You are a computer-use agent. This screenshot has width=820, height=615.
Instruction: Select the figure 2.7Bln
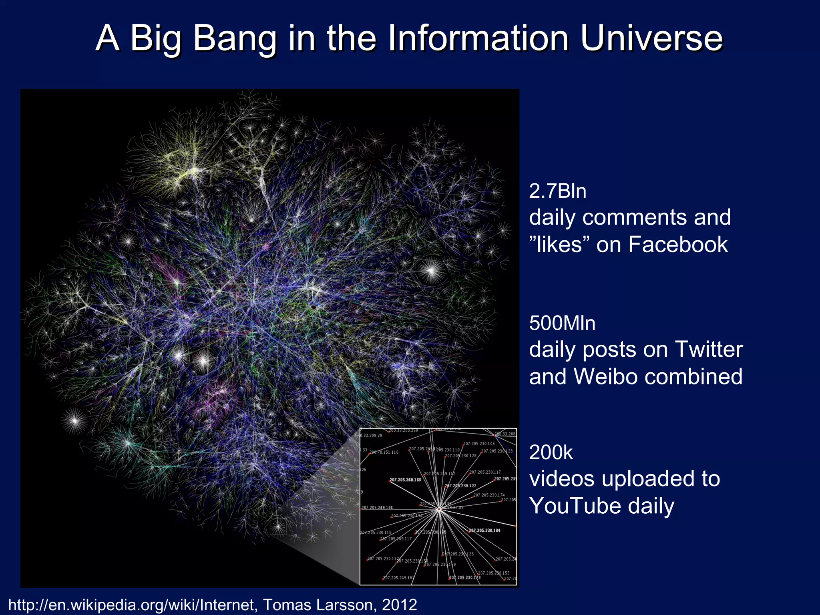[557, 191]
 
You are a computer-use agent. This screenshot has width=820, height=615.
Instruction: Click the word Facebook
[678, 244]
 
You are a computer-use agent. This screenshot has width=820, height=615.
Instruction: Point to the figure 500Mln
[562, 323]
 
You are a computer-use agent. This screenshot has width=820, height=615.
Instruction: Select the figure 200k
[551, 452]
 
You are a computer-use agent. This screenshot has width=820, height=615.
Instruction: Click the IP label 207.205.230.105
[479, 444]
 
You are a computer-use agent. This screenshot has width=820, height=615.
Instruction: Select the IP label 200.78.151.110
[384, 452]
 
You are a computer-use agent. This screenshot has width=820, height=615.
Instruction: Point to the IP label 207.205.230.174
[489, 495]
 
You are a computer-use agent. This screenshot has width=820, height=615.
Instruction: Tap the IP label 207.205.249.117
[396, 539]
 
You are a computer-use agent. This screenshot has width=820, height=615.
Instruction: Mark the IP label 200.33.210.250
[403, 431]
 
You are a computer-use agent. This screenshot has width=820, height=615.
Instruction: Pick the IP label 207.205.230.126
[458, 554]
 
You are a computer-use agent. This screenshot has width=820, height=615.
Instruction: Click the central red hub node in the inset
[439, 509]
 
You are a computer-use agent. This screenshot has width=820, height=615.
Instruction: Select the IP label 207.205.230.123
[496, 451]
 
